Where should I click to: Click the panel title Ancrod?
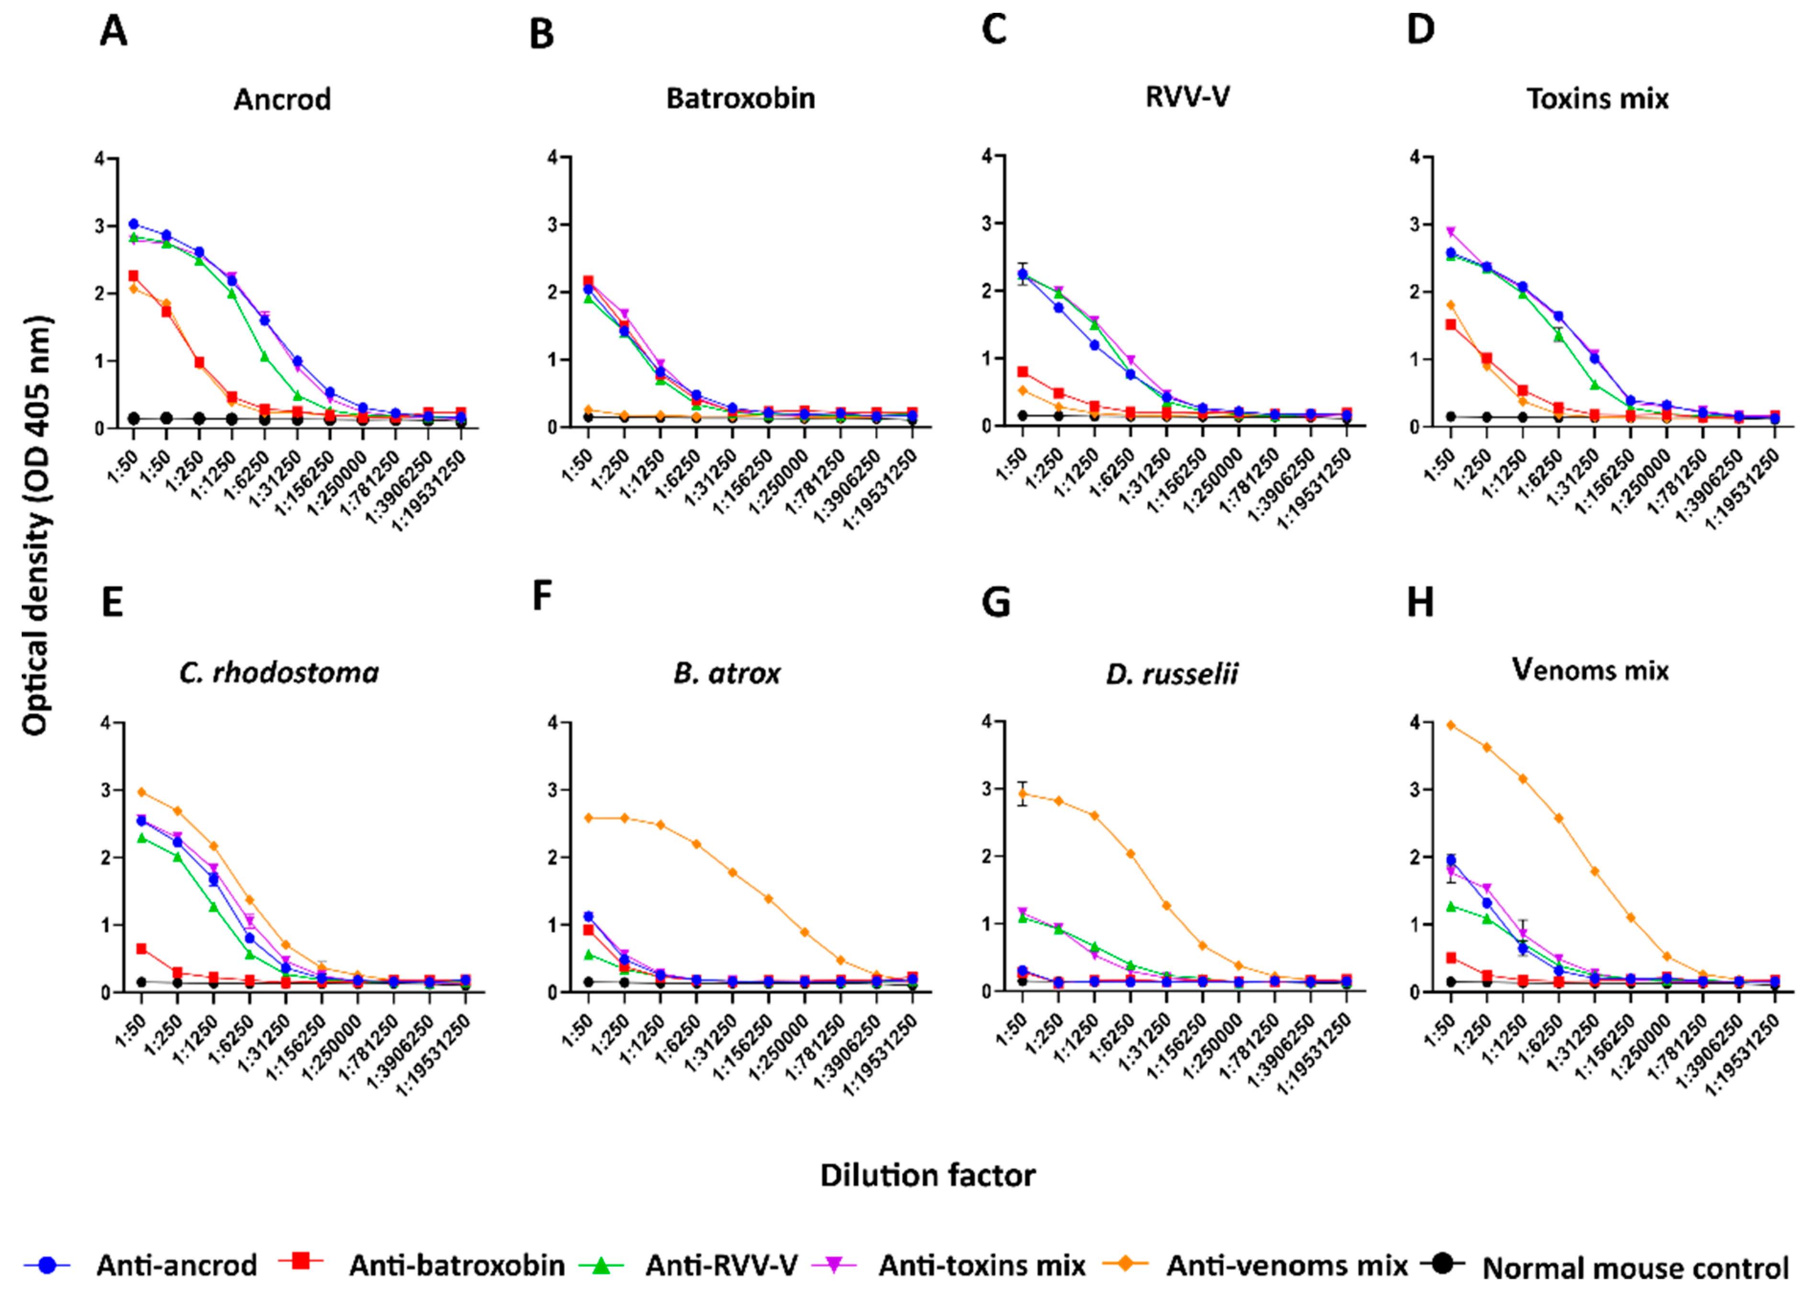click(282, 99)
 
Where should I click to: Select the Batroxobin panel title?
click(740, 99)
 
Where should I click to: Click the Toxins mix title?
click(1597, 99)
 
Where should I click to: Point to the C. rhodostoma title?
click(279, 673)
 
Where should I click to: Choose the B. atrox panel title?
click(727, 674)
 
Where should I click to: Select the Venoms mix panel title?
click(1590, 670)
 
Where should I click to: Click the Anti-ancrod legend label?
click(176, 1265)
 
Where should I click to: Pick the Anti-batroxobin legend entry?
click(456, 1265)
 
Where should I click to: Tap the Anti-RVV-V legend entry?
click(721, 1265)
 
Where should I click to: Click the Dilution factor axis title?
click(927, 1175)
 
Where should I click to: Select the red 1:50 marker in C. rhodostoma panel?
click(141, 948)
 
